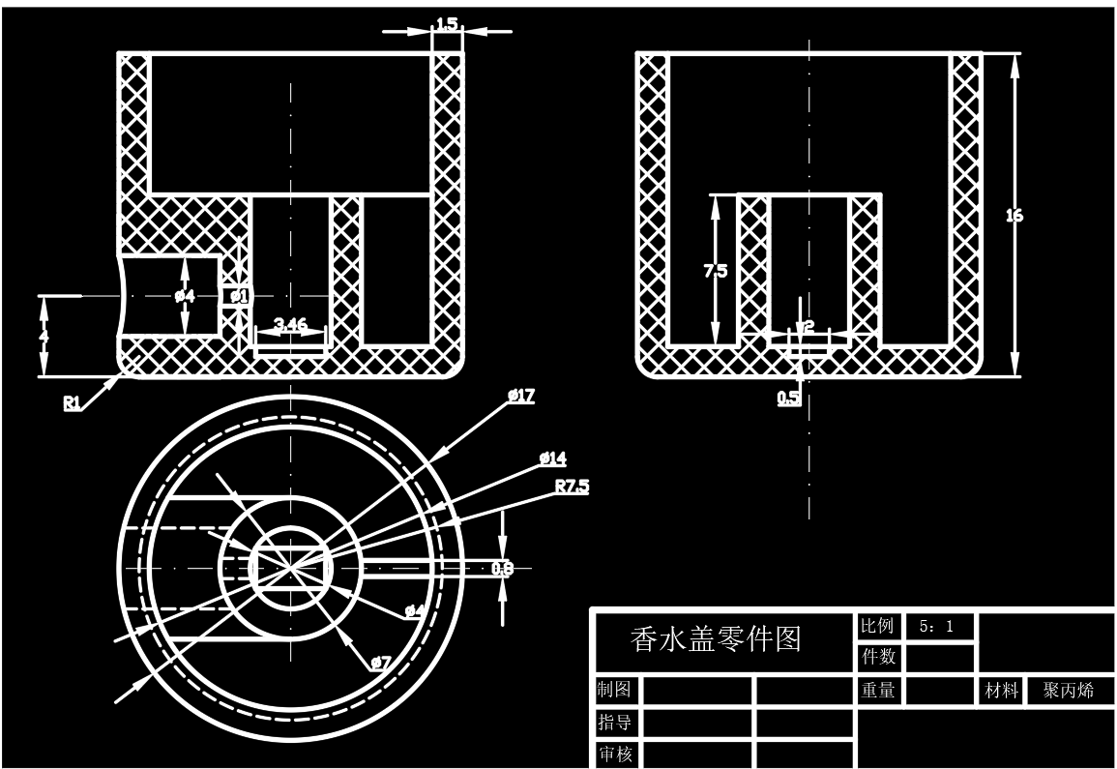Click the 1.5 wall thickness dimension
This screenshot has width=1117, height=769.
pos(446,22)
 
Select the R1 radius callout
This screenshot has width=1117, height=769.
pos(72,403)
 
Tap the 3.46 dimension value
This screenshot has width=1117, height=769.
pos(290,324)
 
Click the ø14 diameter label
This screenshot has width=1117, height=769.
pos(553,457)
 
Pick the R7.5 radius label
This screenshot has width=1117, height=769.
pos(572,486)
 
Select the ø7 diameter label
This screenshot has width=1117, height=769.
pos(380,663)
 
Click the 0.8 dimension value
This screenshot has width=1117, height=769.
pos(502,569)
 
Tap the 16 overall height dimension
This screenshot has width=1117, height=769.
pos(1014,216)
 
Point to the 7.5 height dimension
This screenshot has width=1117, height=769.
pos(716,272)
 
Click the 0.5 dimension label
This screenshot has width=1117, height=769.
pos(788,397)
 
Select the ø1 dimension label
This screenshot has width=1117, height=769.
pos(238,296)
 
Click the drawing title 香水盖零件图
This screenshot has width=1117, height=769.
pos(716,639)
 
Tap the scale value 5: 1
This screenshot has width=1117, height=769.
pos(936,627)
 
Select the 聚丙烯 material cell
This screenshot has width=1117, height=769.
pos(1069,691)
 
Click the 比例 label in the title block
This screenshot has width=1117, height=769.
pos(876,626)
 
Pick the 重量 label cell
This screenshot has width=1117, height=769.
pos(876,691)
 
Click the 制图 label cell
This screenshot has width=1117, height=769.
pos(615,691)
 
